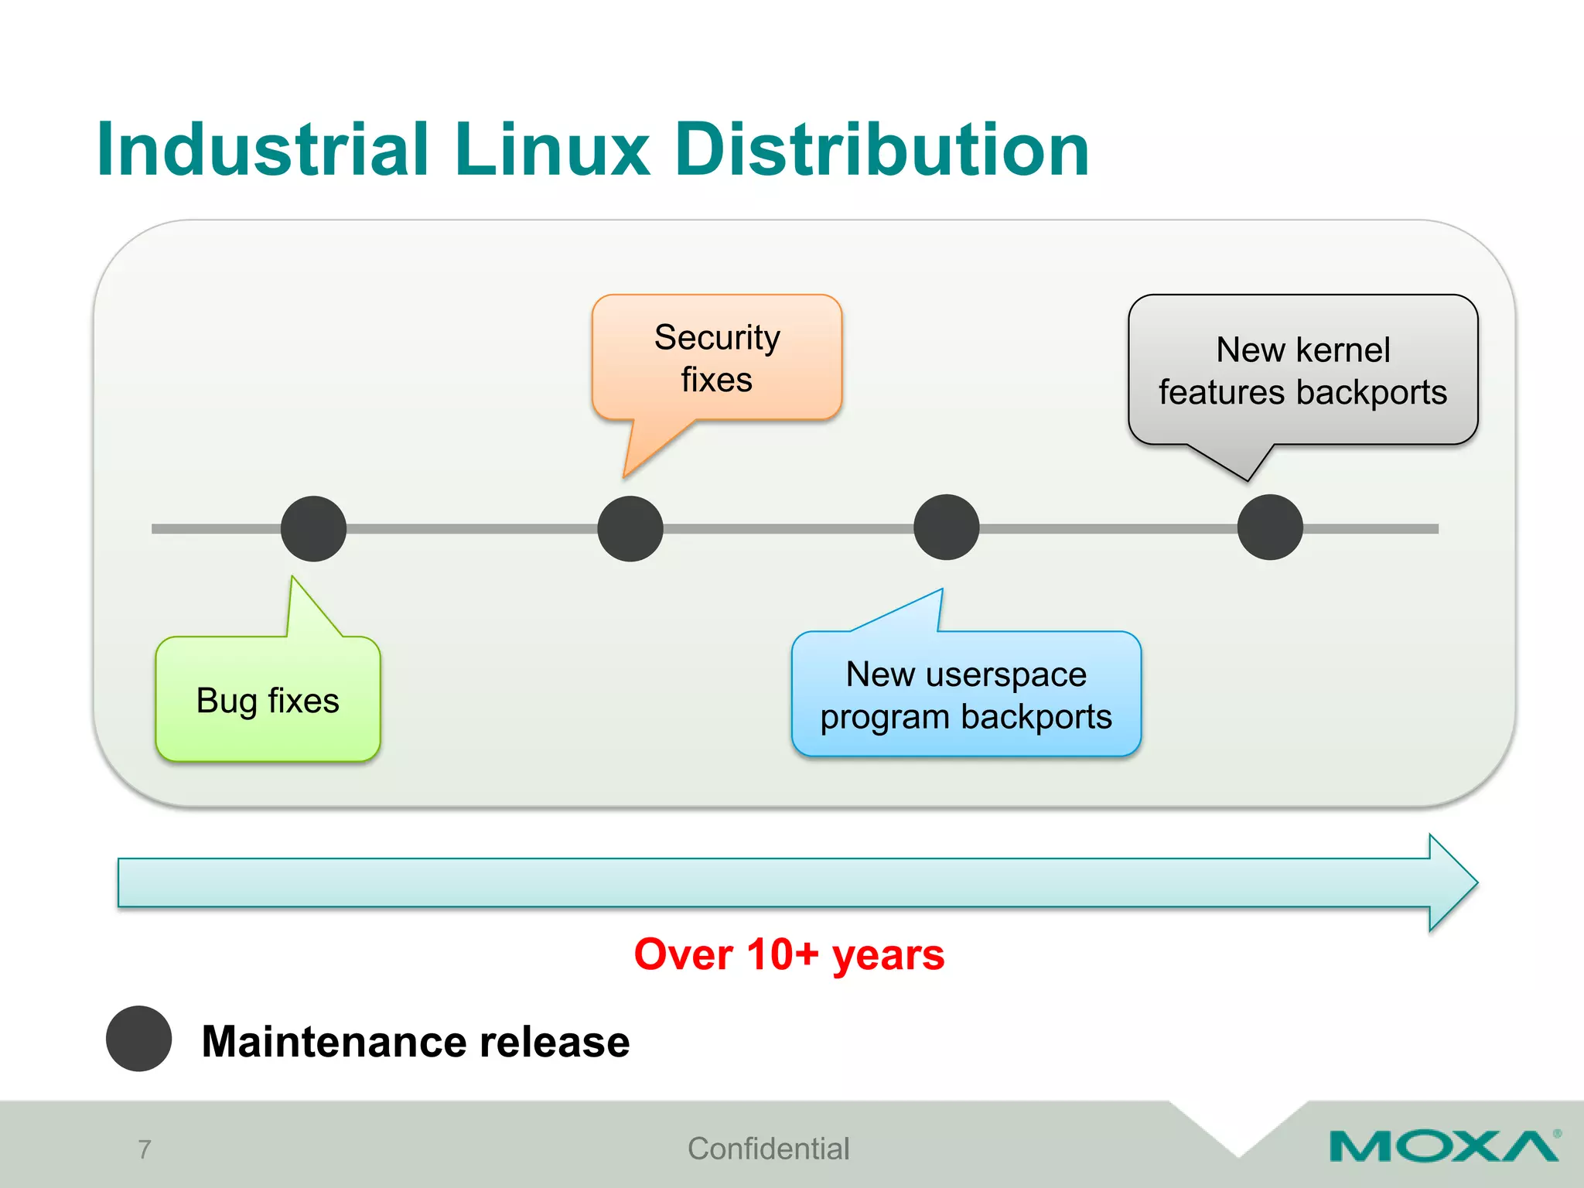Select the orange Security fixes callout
click(x=716, y=358)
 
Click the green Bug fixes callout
click(x=268, y=700)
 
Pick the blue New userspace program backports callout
click(x=966, y=695)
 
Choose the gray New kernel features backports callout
click(x=1302, y=370)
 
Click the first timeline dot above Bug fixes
click(x=313, y=528)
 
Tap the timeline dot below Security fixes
click(x=630, y=528)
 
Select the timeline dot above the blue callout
click(x=946, y=527)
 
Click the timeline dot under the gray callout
click(x=1270, y=527)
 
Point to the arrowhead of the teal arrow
click(x=1454, y=882)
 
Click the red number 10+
click(x=782, y=954)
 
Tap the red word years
click(x=888, y=955)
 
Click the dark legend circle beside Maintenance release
click(x=139, y=1039)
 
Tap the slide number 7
click(x=145, y=1149)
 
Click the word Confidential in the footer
click(x=768, y=1149)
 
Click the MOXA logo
click(x=1443, y=1145)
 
